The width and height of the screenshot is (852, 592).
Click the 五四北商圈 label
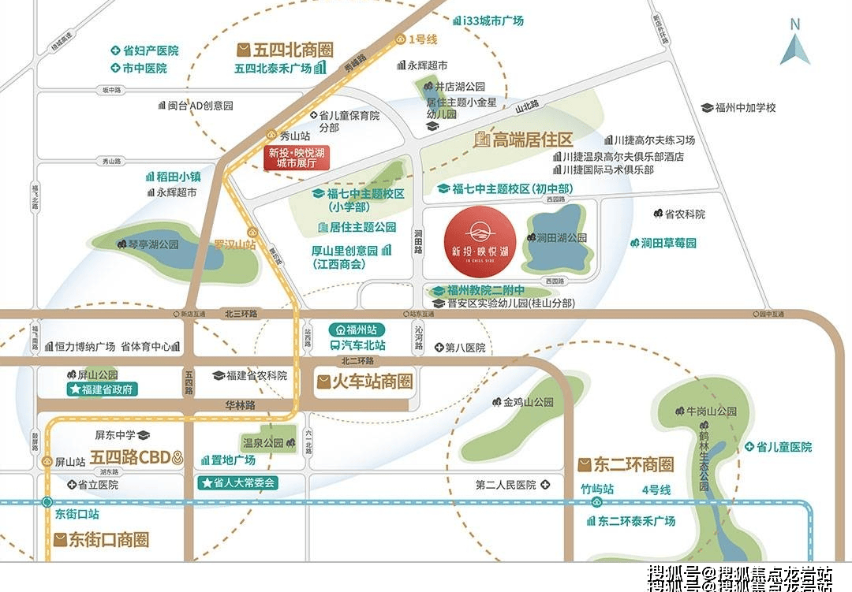[285, 50]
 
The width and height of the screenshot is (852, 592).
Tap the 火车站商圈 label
[365, 383]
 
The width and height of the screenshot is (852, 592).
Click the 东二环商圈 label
[626, 464]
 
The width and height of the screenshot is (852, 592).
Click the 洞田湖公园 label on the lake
[561, 237]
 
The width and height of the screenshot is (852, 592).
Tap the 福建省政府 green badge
[103, 389]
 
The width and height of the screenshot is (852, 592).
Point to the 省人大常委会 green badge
[238, 482]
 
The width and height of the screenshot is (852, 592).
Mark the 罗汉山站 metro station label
[235, 245]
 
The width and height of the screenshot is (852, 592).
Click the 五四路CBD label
[130, 457]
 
